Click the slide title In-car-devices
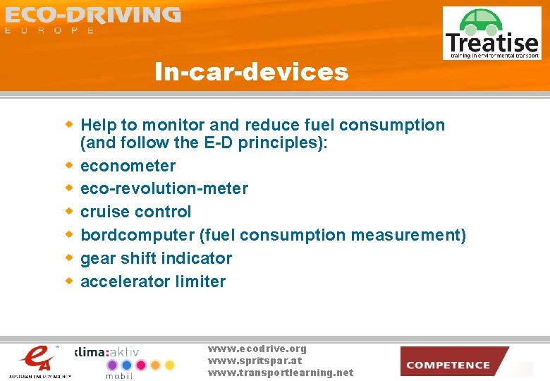tap(252, 71)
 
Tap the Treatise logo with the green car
tap(491, 34)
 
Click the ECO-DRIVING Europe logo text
tap(92, 19)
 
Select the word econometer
tap(128, 166)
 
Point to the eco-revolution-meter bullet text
tap(164, 188)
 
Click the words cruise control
tap(135, 212)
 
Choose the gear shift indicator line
tap(156, 258)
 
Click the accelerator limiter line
tap(153, 282)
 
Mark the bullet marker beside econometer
tap(69, 166)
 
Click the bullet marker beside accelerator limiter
tap(69, 281)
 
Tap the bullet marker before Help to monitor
tap(69, 125)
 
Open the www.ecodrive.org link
tap(257, 349)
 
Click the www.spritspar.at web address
tap(255, 361)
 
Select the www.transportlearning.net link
tap(280, 373)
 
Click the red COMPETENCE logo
tap(454, 362)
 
